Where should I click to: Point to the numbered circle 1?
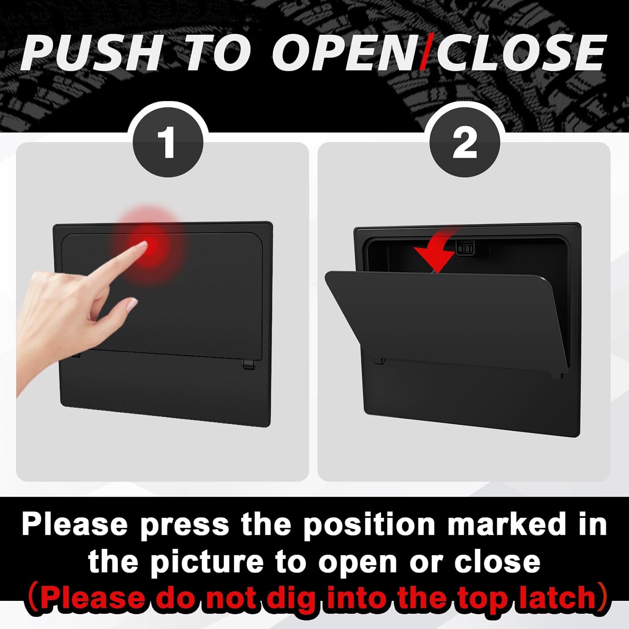tap(168, 143)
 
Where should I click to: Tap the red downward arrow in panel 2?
tap(434, 256)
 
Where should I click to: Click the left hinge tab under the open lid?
tap(379, 360)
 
